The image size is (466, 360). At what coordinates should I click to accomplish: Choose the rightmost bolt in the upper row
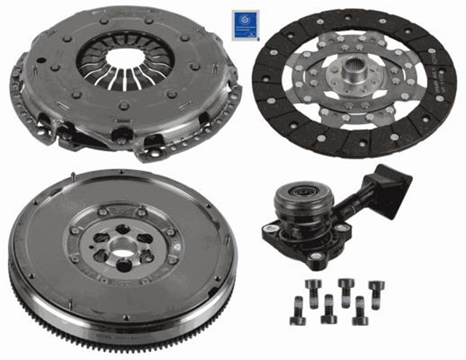click(x=375, y=289)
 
